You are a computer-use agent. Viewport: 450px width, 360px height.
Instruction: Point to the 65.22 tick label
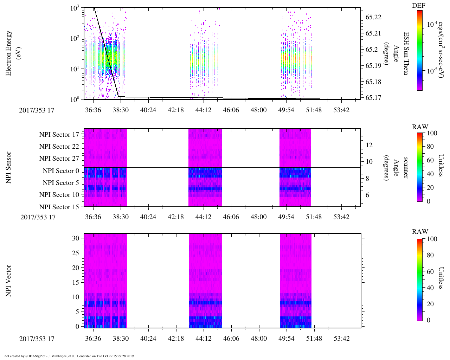[373, 17]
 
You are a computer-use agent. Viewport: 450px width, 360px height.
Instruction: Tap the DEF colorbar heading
[418, 5]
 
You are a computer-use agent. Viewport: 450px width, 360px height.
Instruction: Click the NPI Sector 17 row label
[59, 135]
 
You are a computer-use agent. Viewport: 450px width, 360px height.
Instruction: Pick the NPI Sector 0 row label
[61, 171]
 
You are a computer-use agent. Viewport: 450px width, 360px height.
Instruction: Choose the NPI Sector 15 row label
[59, 207]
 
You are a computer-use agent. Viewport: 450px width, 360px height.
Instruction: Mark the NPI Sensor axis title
[9, 167]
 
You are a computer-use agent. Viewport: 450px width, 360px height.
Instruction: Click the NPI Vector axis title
[9, 281]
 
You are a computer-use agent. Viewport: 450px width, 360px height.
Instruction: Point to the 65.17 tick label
[373, 98]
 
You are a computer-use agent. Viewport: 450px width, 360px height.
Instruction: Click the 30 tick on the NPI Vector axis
[76, 238]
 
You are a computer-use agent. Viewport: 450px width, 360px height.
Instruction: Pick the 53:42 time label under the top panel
[341, 110]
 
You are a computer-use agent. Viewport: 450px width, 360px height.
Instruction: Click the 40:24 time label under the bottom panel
[148, 339]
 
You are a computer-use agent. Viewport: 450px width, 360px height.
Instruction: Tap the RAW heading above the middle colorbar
[420, 127]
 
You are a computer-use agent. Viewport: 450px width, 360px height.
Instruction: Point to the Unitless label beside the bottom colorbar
[441, 278]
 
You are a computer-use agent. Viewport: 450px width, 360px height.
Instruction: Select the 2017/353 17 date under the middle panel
[38, 217]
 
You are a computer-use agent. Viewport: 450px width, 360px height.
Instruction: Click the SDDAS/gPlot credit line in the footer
[69, 356]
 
